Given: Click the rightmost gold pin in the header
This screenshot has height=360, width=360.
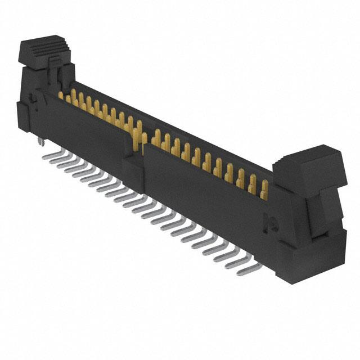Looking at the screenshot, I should click(x=264, y=186).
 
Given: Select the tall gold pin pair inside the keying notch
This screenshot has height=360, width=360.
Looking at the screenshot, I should click(x=137, y=135).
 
